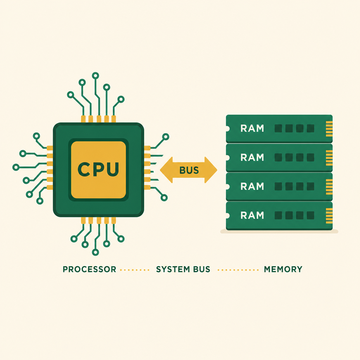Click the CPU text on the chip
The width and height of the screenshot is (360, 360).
coord(98,169)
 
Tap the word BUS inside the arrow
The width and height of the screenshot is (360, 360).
coord(189,170)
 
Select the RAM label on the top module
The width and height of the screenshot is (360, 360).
coord(252,128)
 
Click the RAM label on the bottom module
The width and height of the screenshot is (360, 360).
coord(252,216)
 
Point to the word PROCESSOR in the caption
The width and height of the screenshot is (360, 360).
coord(90,269)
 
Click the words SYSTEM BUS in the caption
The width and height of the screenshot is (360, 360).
coord(183,269)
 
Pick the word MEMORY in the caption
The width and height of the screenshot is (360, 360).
coord(283,269)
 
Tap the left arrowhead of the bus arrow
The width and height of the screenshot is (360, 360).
coord(166,170)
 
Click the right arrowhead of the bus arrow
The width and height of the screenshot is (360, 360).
coord(211,170)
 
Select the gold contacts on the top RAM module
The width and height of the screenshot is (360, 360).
coord(329,129)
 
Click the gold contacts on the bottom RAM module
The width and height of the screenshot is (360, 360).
coord(329,216)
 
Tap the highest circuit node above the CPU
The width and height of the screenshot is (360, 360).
coord(95,76)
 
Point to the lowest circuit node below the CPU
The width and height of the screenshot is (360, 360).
coord(95,252)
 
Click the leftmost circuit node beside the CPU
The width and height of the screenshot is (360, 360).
coord(16,167)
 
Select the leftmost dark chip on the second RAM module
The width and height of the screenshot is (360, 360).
coord(278,157)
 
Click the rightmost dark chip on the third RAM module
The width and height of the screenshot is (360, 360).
coord(310,186)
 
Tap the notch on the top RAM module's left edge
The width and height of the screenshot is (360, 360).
coord(227,129)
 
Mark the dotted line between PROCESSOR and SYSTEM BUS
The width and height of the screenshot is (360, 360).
coord(135,270)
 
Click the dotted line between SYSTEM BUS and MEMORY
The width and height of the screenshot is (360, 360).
coord(238,270)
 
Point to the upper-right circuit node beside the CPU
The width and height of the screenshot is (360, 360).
coord(166,137)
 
